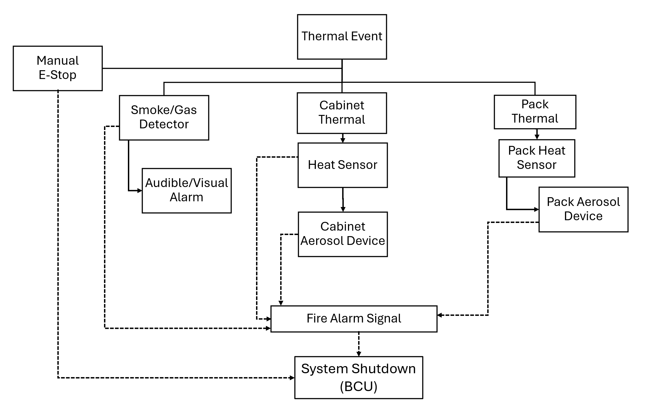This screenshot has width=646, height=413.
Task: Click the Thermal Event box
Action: (x=342, y=37)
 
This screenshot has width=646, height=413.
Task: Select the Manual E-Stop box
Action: (x=58, y=68)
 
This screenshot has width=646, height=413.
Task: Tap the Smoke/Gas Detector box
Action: (x=164, y=118)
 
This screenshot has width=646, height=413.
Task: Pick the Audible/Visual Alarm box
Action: (x=187, y=191)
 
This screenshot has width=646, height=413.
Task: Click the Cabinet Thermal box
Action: (x=342, y=113)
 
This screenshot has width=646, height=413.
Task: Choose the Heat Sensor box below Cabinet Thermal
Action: (x=342, y=165)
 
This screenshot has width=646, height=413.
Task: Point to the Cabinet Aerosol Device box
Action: (x=343, y=234)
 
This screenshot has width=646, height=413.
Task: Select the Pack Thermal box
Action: (x=535, y=112)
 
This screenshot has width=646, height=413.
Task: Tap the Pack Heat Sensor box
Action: (x=537, y=158)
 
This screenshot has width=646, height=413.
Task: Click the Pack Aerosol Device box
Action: (x=583, y=210)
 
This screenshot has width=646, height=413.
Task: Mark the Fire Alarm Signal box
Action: (x=354, y=319)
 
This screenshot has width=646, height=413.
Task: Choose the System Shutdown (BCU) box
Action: (x=358, y=377)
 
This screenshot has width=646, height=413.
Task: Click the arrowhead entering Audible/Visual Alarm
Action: (x=140, y=191)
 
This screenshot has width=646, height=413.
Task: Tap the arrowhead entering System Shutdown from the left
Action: (x=292, y=378)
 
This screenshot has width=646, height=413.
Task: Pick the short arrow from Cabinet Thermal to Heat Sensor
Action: (x=342, y=138)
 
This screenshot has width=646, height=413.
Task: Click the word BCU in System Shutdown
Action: (x=358, y=387)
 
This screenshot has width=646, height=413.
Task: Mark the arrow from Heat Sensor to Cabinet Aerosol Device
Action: (x=343, y=200)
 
